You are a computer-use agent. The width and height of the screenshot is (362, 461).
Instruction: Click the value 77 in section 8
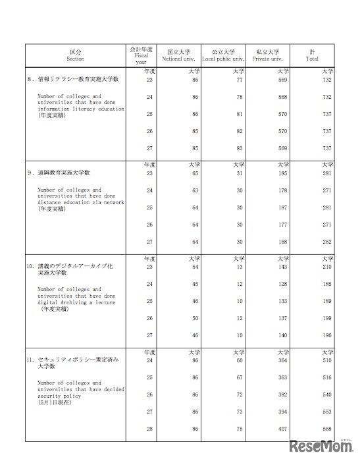240,79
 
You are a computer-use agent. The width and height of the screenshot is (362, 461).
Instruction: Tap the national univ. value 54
195,267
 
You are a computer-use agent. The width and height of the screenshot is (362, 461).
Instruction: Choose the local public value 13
240,267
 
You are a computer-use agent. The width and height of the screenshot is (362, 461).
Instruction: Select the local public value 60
240,360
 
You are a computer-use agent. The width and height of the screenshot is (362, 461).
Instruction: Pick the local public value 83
240,148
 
